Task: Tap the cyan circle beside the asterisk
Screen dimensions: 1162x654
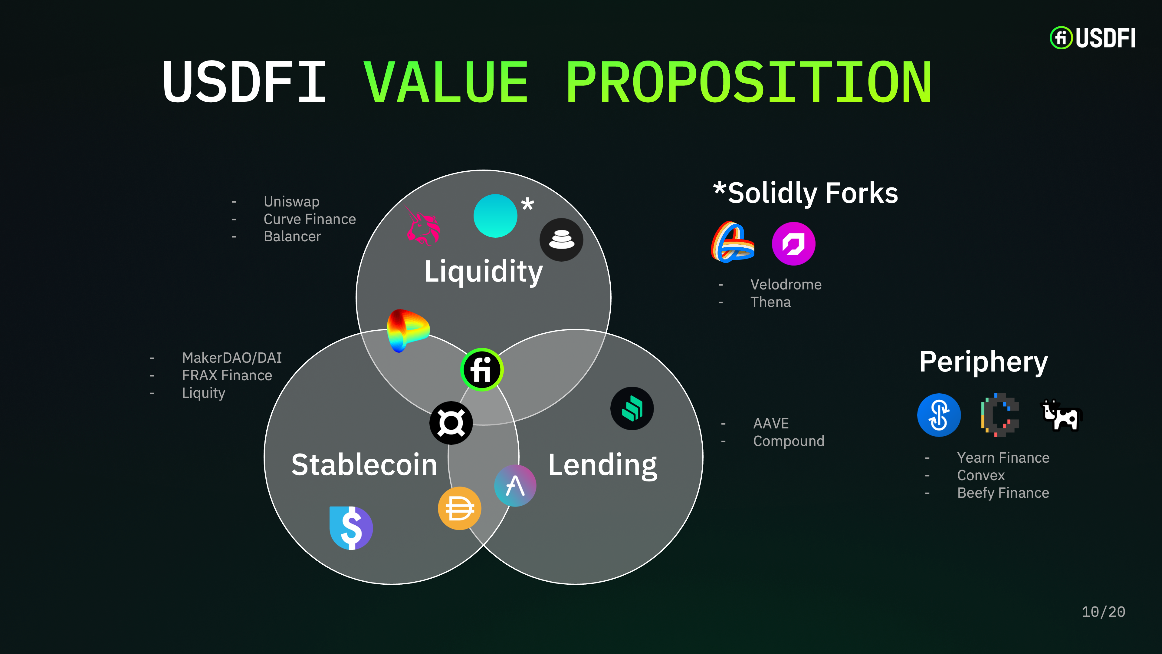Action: (x=495, y=216)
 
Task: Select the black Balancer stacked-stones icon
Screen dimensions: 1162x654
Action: (x=561, y=240)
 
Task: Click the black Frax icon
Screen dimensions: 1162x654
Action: (x=451, y=423)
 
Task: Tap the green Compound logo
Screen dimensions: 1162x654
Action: (x=632, y=408)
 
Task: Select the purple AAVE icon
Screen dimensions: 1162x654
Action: (x=515, y=486)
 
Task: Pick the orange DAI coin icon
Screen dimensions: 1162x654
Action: (x=459, y=508)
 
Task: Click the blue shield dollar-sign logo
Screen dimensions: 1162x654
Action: (x=351, y=528)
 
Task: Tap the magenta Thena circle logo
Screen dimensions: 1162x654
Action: (x=793, y=244)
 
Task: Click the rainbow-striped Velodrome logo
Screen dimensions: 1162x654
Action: (x=733, y=242)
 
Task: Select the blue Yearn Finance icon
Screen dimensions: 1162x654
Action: (x=939, y=415)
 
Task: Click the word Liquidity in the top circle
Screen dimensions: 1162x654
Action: (x=484, y=271)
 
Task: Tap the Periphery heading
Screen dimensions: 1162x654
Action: (x=983, y=362)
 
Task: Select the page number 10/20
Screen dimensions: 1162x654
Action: (x=1103, y=612)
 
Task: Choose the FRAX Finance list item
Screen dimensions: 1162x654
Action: (x=227, y=375)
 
